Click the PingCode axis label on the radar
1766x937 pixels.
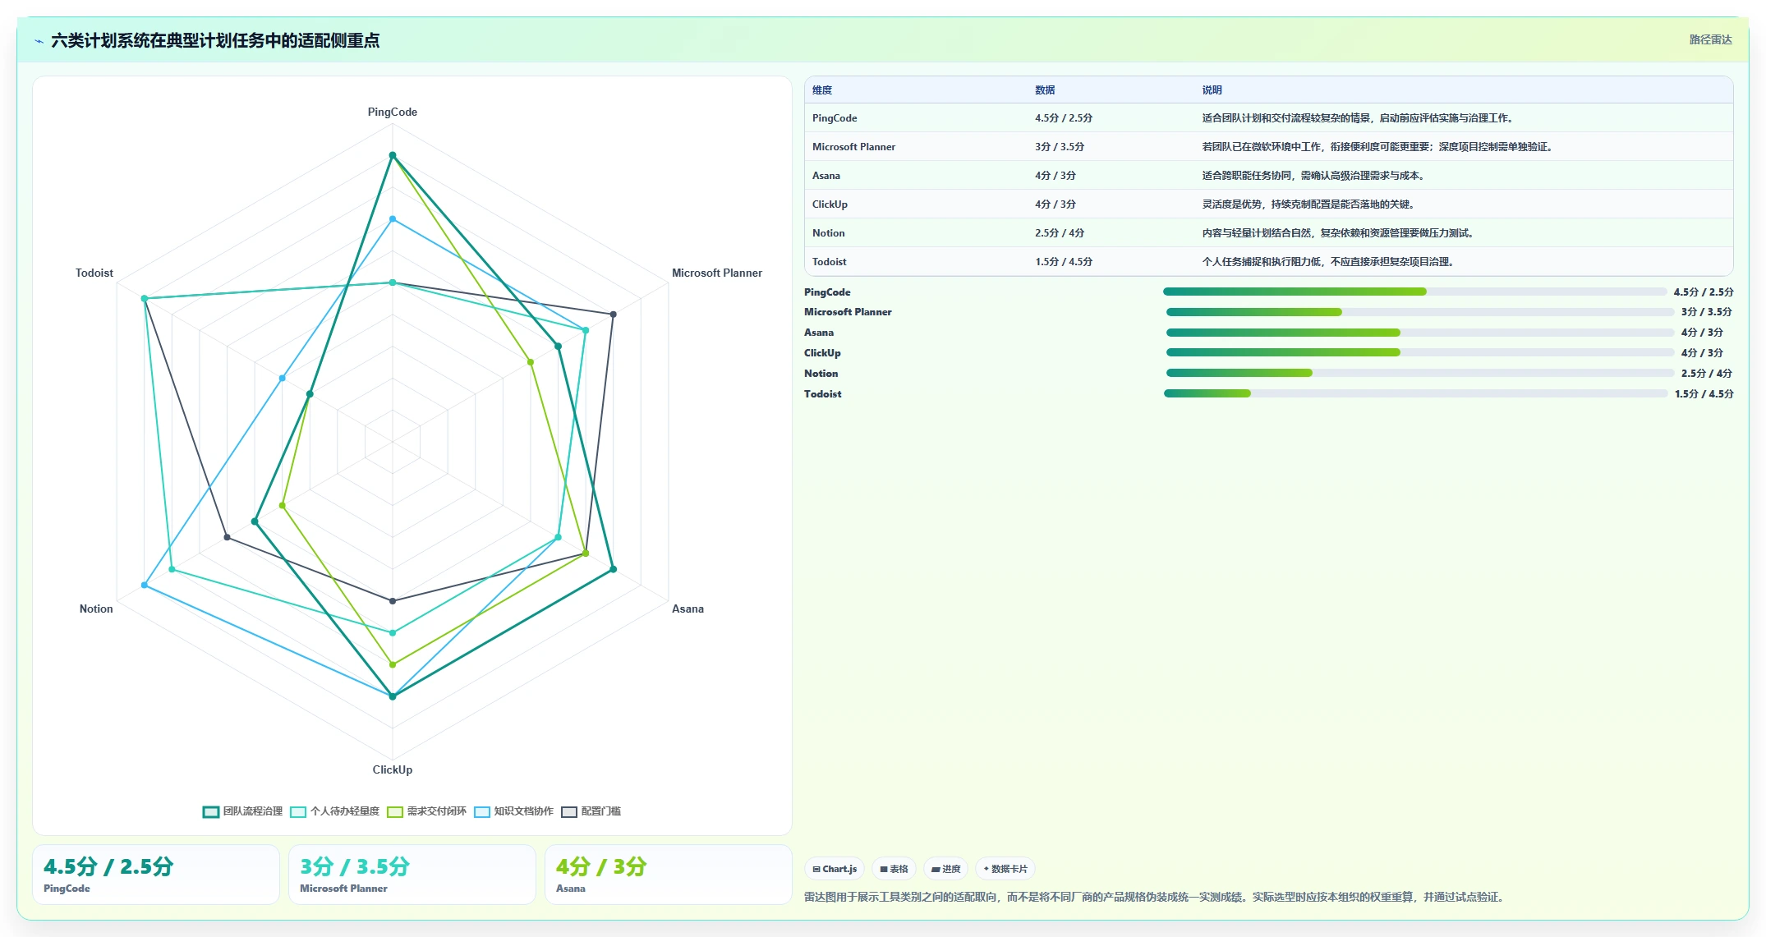392,112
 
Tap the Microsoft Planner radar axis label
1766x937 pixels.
716,273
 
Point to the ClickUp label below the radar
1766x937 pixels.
392,769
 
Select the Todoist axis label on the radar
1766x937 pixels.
94,273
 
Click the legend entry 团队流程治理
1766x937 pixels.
243,811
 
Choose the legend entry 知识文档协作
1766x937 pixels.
514,811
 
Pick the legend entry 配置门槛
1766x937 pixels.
591,811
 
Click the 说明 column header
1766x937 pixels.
1212,90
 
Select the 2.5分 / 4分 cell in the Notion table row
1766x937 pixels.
1060,233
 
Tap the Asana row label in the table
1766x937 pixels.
826,176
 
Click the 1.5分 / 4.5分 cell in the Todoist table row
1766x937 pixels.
1064,262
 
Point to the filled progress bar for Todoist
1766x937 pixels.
1207,393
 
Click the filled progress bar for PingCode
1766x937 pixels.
1295,292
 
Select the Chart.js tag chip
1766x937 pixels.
835,869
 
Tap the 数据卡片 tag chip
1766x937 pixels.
1005,869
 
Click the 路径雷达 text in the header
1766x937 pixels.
1710,39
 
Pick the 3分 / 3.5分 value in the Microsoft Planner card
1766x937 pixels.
355,866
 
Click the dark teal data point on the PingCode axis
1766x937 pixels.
393,155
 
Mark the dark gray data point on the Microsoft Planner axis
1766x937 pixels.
613,315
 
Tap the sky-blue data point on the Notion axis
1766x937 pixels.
145,586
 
